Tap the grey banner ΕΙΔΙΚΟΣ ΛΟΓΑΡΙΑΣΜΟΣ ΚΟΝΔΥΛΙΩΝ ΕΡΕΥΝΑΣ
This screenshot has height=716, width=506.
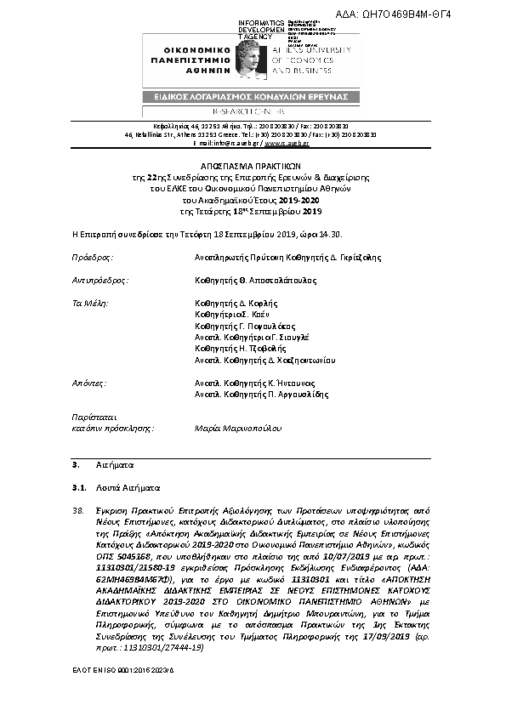(252, 98)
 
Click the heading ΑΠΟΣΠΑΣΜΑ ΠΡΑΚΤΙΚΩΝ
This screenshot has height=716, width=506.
(252, 168)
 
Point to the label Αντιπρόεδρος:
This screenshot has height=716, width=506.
(99, 279)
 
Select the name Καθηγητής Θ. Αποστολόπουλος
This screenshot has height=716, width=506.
(255, 279)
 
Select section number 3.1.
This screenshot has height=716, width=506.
(79, 489)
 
